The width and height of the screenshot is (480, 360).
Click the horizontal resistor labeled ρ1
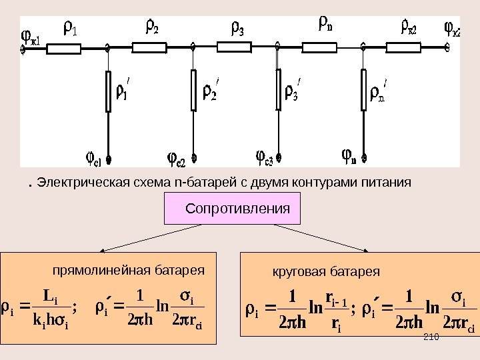(67, 47)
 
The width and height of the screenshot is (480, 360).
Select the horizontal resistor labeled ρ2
(151, 47)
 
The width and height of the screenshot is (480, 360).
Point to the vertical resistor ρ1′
(109, 91)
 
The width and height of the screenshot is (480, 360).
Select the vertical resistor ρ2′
(193, 91)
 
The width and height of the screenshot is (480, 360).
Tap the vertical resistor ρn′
(363, 91)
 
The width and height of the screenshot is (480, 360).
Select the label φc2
(175, 160)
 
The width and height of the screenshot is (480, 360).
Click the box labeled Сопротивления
(233, 209)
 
